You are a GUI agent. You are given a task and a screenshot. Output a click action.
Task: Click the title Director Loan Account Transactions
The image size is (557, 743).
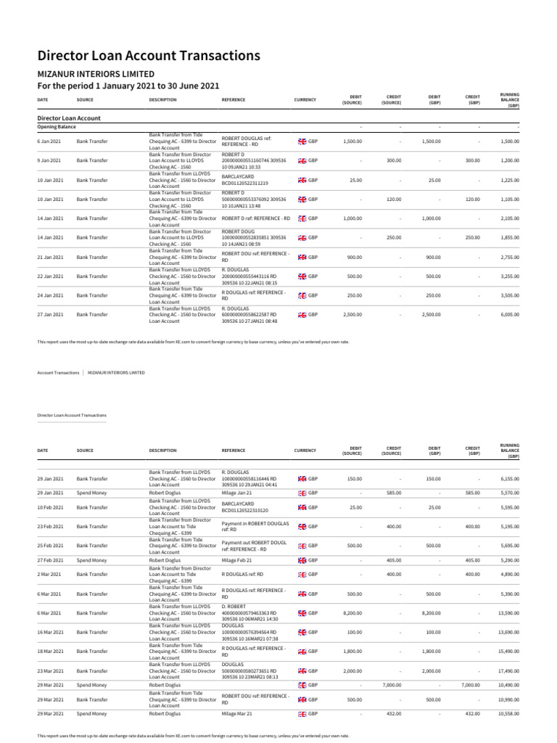click(148, 56)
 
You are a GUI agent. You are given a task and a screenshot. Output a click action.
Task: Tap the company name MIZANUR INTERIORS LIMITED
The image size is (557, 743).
click(96, 74)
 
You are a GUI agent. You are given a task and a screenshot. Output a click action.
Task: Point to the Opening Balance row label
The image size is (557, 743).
click(57, 126)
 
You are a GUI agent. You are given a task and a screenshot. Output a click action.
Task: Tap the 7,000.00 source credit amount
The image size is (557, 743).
click(392, 685)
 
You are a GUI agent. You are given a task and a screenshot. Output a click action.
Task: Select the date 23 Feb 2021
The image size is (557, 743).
click(50, 526)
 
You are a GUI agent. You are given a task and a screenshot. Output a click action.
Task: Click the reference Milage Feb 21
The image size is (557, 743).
click(236, 560)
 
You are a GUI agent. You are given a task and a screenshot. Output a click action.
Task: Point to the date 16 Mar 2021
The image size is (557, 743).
click(51, 632)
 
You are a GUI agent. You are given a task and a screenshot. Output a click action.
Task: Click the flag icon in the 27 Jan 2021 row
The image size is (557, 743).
click(302, 315)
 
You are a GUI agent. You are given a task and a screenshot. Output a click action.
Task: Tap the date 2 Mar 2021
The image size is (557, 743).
click(49, 574)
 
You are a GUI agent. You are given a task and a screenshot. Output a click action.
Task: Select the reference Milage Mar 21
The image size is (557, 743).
click(236, 714)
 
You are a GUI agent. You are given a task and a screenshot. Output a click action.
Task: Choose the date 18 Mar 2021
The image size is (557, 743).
click(51, 652)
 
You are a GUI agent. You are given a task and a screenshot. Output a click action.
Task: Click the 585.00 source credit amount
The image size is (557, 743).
click(393, 493)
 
